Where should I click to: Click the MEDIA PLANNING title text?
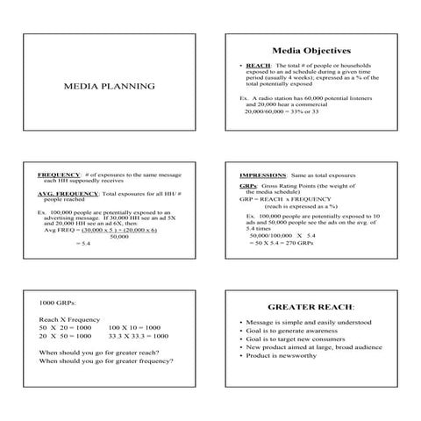[x=110, y=86]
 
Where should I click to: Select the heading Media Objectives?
[x=310, y=50]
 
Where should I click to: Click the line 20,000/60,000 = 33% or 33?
[x=282, y=111]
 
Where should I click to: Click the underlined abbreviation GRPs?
[x=246, y=186]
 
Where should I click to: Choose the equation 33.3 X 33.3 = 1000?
[x=138, y=335]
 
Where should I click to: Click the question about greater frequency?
[x=105, y=360]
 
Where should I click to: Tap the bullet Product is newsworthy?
[x=286, y=356]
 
